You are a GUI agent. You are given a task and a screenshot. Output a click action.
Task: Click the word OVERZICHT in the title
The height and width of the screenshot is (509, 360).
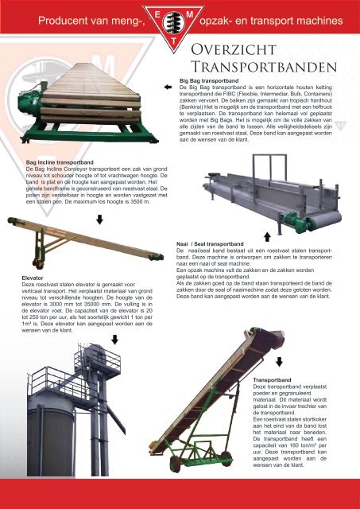tap(234, 49)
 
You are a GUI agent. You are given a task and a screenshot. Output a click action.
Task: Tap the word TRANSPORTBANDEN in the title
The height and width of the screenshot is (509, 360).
tap(264, 67)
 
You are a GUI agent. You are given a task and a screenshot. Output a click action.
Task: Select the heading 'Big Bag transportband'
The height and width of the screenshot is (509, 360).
tap(209, 80)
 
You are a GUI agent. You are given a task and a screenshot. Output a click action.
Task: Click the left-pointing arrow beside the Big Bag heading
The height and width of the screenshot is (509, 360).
tap(168, 87)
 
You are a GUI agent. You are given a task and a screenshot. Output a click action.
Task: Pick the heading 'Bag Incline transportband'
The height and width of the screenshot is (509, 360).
tap(60, 162)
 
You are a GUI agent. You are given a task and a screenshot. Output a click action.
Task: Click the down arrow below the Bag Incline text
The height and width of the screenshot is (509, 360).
tap(99, 220)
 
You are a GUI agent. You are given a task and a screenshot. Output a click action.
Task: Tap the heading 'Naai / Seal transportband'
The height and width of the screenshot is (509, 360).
tap(210, 244)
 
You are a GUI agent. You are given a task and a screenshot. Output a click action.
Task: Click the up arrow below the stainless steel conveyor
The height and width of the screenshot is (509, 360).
tap(267, 237)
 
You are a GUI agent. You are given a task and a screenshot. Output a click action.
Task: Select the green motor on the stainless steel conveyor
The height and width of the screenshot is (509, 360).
tap(293, 222)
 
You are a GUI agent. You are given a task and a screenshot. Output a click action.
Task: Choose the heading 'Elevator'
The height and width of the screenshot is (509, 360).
tap(33, 278)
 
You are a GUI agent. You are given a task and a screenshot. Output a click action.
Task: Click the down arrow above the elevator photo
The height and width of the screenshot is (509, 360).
tap(114, 340)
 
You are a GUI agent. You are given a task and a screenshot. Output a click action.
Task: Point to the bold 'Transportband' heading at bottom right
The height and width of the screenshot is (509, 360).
tap(272, 380)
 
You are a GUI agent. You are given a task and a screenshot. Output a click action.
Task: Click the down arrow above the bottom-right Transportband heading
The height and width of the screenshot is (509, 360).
tap(279, 362)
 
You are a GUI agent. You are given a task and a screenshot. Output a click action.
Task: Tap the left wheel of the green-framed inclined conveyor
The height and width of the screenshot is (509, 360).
tap(175, 464)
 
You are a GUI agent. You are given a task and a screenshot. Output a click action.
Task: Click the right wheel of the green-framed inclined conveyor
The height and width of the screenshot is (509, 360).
tap(226, 458)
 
